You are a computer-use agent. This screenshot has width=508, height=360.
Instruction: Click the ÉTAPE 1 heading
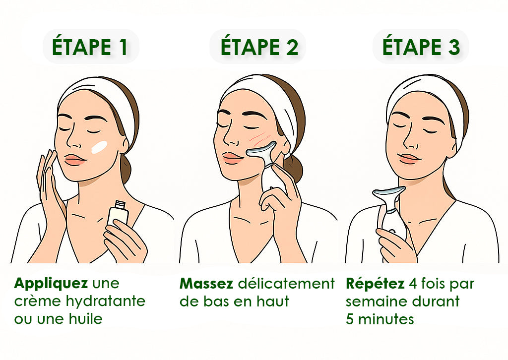click(90, 47)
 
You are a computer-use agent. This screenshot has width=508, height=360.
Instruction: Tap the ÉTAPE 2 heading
click(259, 47)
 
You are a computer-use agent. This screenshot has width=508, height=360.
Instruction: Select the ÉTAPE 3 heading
click(421, 47)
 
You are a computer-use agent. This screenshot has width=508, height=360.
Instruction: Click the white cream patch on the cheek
click(100, 147)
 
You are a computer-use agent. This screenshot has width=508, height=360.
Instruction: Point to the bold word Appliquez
click(51, 284)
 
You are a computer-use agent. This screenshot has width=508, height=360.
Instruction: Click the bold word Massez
click(206, 284)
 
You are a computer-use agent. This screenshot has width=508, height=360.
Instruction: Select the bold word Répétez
click(375, 284)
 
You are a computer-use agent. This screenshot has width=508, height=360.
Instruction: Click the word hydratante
click(105, 301)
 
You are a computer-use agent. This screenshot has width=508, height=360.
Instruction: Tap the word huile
click(86, 319)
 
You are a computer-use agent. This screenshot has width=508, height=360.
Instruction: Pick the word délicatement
click(286, 284)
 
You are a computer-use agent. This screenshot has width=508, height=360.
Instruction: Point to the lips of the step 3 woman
click(409, 158)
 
